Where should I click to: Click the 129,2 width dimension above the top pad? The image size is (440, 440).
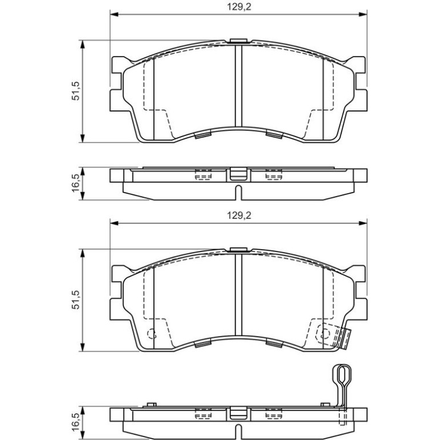(239, 7)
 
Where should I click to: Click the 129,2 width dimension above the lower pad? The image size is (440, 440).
(239, 215)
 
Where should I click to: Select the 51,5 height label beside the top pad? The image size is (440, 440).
(76, 91)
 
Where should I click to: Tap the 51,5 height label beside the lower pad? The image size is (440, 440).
(76, 299)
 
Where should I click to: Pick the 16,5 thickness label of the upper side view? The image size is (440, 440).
(76, 183)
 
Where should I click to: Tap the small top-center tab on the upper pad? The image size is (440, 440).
(238, 41)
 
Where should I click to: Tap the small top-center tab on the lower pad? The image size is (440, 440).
(238, 250)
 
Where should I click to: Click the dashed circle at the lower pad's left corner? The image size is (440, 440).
(152, 333)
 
